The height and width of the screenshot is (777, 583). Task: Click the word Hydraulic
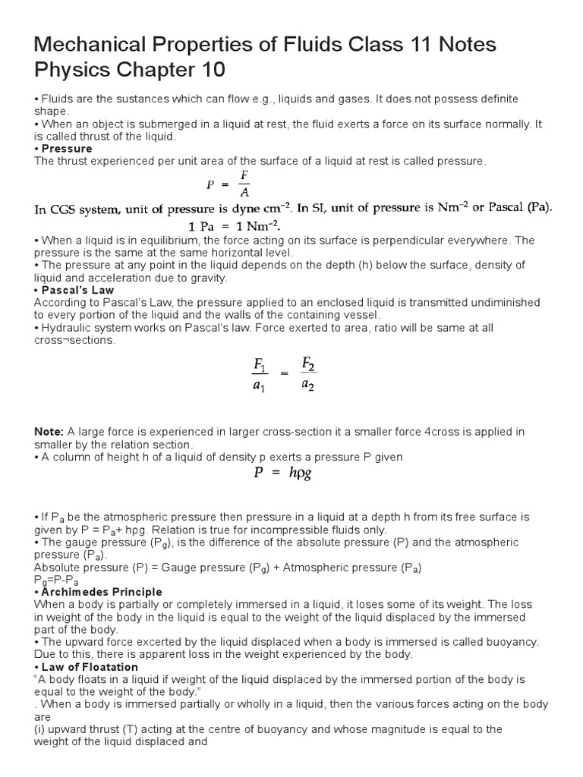(68, 327)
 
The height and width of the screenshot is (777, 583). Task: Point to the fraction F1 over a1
(260, 375)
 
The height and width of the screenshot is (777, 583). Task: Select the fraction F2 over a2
(308, 374)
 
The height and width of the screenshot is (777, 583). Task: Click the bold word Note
(49, 432)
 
